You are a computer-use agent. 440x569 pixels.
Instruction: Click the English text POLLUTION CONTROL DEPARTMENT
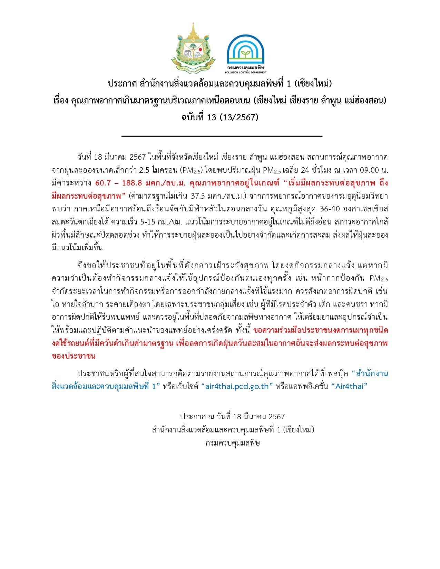click(x=246, y=72)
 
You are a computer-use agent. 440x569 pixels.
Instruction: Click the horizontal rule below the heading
click(x=222, y=137)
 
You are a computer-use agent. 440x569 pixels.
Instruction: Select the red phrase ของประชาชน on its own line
click(x=73, y=356)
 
